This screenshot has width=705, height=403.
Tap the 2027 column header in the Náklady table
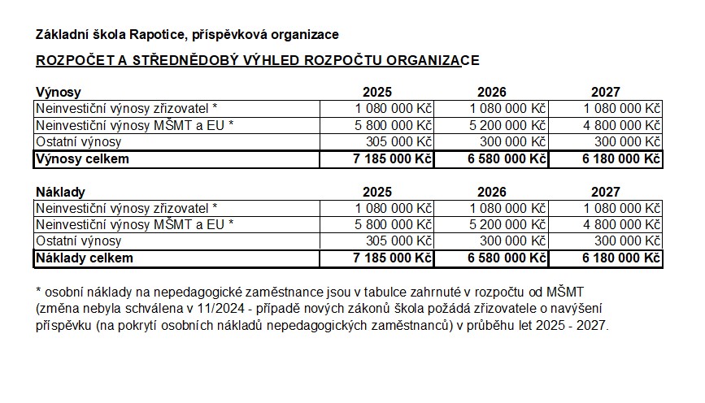(605, 193)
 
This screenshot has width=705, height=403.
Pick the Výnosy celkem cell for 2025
(393, 159)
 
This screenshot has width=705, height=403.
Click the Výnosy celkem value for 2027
(621, 159)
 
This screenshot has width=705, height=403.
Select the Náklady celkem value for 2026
(507, 259)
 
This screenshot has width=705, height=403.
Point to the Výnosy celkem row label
(81, 159)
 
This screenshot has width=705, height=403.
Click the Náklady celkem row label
(84, 259)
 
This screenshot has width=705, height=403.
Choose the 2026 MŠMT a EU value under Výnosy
(507, 125)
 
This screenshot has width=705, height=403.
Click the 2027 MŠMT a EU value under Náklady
(621, 225)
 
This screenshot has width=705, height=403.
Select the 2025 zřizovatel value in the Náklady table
(394, 208)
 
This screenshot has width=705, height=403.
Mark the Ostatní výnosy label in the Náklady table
(78, 241)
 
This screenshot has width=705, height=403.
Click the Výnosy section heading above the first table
(59, 93)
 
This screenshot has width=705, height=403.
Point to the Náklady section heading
(61, 193)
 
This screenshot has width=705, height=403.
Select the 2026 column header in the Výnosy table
(491, 93)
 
